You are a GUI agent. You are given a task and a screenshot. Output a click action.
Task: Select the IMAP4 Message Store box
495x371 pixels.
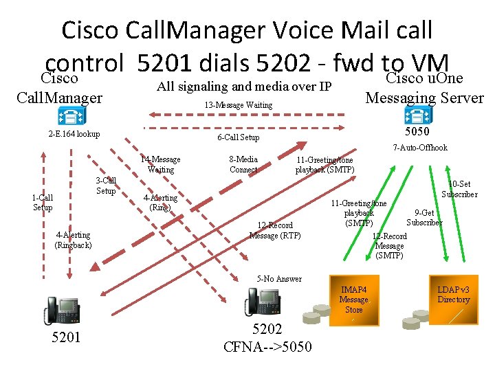[x=353, y=300]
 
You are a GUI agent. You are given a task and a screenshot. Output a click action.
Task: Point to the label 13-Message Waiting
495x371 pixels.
[x=239, y=105]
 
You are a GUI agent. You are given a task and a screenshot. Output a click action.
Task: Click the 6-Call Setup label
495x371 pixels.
[x=238, y=137]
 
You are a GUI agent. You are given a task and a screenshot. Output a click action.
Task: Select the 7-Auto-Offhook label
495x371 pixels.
[x=419, y=148]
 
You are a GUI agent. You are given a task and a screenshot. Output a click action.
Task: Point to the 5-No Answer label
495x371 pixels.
[x=279, y=279]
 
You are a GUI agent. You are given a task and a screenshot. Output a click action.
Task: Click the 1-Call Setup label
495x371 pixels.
[x=43, y=202]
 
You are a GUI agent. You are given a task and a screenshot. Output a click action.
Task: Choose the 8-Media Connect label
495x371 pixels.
[x=243, y=164]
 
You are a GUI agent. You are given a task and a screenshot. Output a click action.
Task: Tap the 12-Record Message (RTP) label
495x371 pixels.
[x=274, y=231]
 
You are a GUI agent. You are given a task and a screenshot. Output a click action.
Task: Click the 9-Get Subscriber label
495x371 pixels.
[x=424, y=218]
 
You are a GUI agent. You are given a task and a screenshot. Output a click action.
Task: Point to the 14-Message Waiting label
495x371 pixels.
[x=160, y=164]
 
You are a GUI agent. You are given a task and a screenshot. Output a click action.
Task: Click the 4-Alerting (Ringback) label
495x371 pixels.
[x=74, y=240]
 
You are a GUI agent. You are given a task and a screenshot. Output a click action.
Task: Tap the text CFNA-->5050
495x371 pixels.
[x=267, y=346]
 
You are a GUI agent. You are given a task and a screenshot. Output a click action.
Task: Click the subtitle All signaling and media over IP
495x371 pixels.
[x=244, y=87]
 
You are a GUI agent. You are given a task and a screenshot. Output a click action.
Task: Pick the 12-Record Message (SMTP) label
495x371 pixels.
[x=390, y=246]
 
